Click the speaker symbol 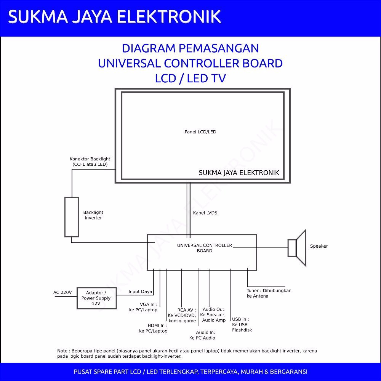pyautogui.click(x=298, y=248)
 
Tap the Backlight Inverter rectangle pyautogui.click(x=72, y=217)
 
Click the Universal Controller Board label pyautogui.click(x=205, y=248)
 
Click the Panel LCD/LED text pyautogui.click(x=200, y=132)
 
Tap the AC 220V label pyautogui.click(x=62, y=292)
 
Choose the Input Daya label pyautogui.click(x=140, y=291)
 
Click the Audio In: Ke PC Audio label pyautogui.click(x=202, y=335)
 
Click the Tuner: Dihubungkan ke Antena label pyautogui.click(x=269, y=293)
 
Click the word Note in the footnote pyautogui.click(x=62, y=351)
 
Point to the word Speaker pyautogui.click(x=319, y=246)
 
